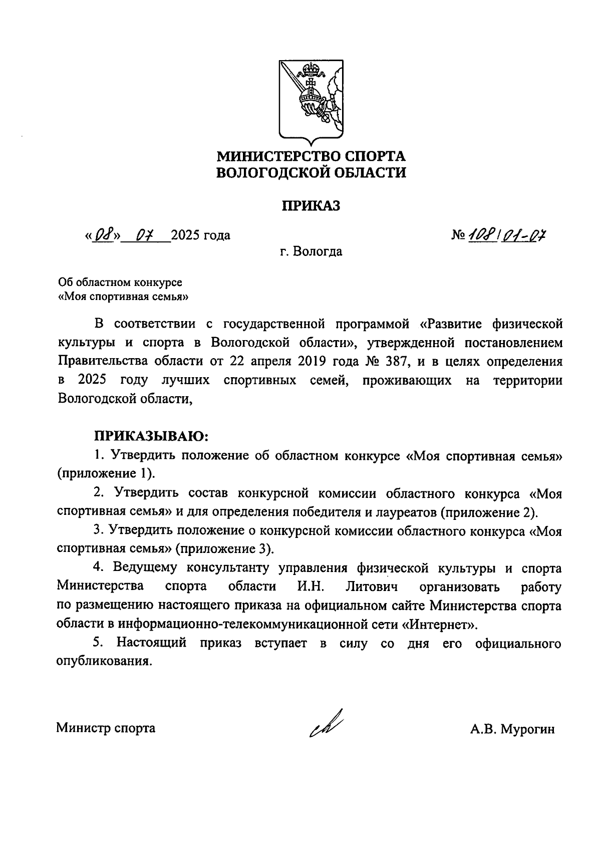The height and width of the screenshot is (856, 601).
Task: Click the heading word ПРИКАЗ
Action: tap(310, 205)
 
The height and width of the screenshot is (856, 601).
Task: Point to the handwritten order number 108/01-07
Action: tap(506, 234)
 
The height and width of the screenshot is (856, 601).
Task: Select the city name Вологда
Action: tap(318, 251)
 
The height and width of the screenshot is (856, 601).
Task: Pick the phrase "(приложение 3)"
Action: tap(225, 548)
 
